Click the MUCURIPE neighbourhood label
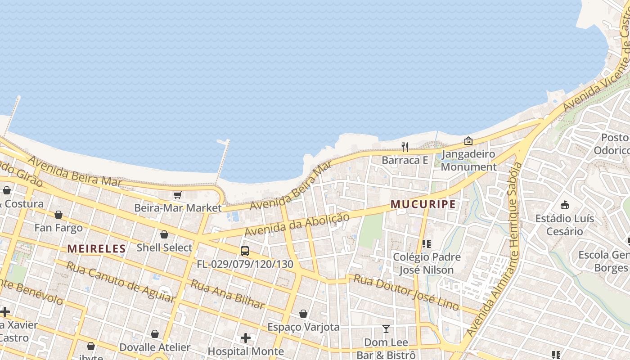pyautogui.click(x=423, y=204)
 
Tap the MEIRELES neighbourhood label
pyautogui.click(x=96, y=248)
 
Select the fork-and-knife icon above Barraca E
pyautogui.click(x=405, y=147)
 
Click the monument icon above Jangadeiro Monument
pyautogui.click(x=468, y=141)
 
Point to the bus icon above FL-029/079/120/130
pyautogui.click(x=245, y=251)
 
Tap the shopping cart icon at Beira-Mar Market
pyautogui.click(x=177, y=195)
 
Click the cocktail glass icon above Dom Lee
pyautogui.click(x=386, y=329)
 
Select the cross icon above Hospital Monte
pyautogui.click(x=246, y=337)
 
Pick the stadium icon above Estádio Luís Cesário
pyautogui.click(x=564, y=205)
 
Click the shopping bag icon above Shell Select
pyautogui.click(x=164, y=234)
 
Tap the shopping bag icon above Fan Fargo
pyautogui.click(x=58, y=215)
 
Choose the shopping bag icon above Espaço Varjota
pyautogui.click(x=303, y=314)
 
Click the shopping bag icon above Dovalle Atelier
pyautogui.click(x=155, y=334)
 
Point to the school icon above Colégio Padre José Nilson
pyautogui.click(x=427, y=244)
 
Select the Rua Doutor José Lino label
pyautogui.click(x=406, y=292)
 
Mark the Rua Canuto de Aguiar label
pyautogui.click(x=120, y=281)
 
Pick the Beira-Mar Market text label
pyautogui.click(x=178, y=208)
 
